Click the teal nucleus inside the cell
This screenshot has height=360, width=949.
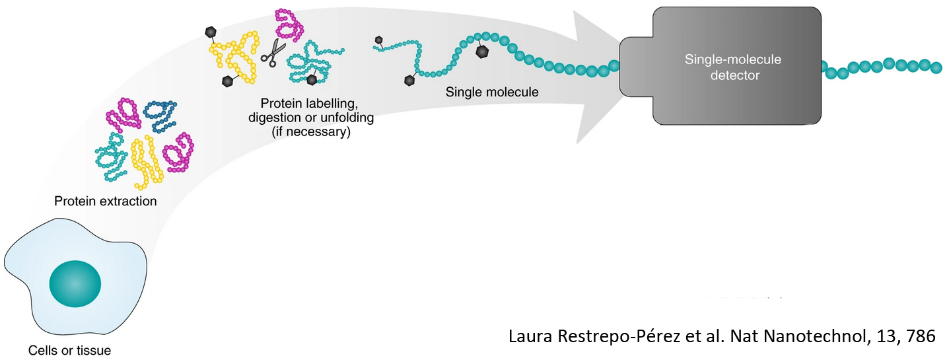pos(75,285)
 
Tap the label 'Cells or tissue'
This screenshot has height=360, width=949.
pos(70,350)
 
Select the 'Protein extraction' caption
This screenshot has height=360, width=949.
pos(106,201)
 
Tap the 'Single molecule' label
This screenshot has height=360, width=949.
pos(492,92)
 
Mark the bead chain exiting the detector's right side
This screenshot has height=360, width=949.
pos(882,66)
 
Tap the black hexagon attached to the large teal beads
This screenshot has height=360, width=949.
pos(483,51)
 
